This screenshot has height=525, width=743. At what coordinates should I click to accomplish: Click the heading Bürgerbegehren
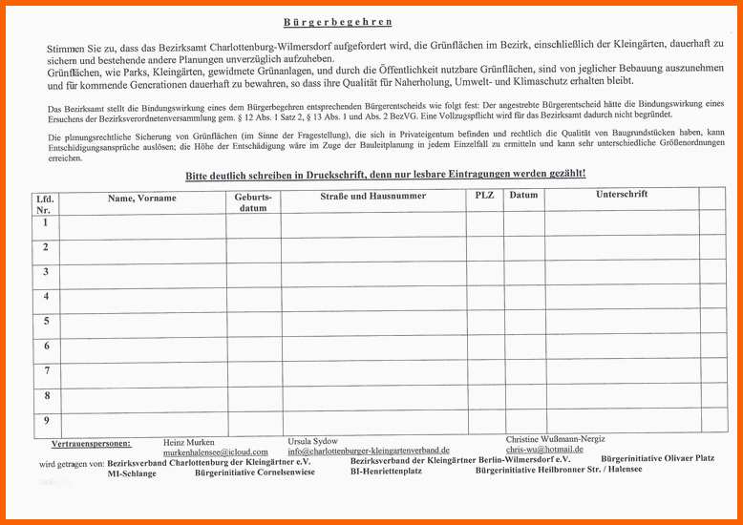click(x=338, y=22)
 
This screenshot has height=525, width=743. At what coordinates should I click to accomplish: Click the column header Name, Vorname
click(x=141, y=199)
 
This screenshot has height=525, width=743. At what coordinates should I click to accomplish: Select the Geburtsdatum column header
click(x=253, y=201)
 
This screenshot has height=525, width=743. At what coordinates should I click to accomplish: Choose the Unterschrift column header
click(x=622, y=195)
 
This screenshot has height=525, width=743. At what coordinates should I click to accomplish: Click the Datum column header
click(x=523, y=196)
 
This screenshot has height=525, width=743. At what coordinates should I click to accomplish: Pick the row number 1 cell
click(x=46, y=223)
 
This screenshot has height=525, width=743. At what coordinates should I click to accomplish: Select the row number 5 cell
click(x=46, y=321)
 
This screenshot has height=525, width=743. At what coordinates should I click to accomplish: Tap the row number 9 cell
click(x=46, y=421)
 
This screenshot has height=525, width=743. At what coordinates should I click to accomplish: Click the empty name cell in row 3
click(x=142, y=272)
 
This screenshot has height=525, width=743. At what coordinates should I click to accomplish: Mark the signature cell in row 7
click(x=622, y=372)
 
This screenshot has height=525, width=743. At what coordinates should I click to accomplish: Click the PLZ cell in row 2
click(x=485, y=248)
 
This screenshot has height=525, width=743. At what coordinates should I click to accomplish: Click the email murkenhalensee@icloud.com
click(x=215, y=452)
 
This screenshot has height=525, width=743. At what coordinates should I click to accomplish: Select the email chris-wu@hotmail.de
click(x=544, y=450)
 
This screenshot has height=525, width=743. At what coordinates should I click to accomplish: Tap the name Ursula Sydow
click(x=312, y=441)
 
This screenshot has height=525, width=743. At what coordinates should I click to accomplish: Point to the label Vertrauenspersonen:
click(x=91, y=445)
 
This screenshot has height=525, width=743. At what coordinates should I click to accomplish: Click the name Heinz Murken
click(x=189, y=443)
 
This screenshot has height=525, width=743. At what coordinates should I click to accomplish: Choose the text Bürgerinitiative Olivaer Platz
click(x=657, y=459)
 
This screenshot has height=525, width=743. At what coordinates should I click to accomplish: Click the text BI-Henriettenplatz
click(x=386, y=472)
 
